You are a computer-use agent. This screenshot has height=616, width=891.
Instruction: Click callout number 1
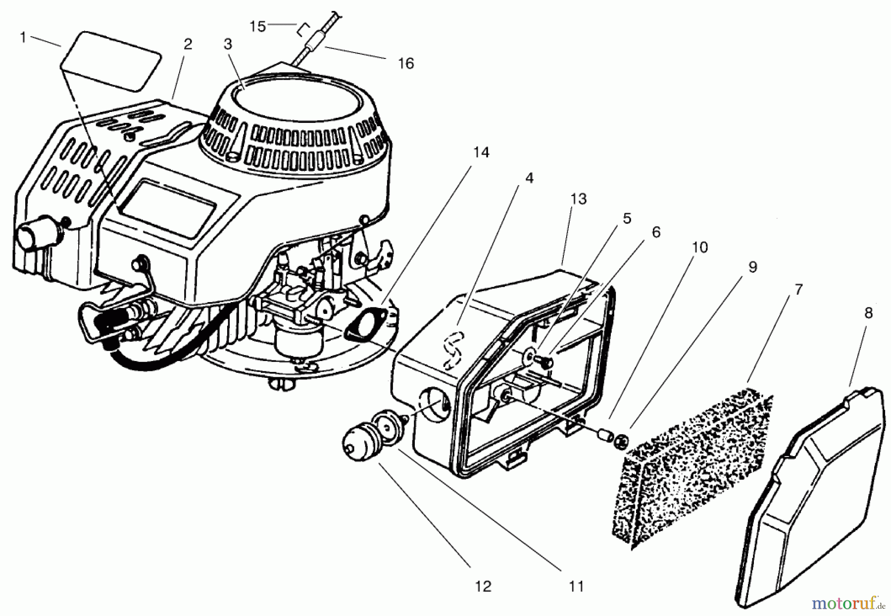(x=22, y=37)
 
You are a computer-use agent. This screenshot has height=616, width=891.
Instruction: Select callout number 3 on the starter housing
(x=228, y=44)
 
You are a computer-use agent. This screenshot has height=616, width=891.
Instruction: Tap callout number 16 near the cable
(x=405, y=63)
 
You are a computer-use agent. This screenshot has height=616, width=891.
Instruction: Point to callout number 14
(x=481, y=153)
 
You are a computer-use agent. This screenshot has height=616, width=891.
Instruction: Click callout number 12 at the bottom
(x=483, y=586)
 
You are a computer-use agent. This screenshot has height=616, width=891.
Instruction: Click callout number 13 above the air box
(x=578, y=199)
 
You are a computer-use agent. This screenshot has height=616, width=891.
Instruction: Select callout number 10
(x=699, y=247)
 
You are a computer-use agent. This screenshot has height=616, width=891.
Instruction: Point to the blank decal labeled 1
(x=111, y=60)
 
